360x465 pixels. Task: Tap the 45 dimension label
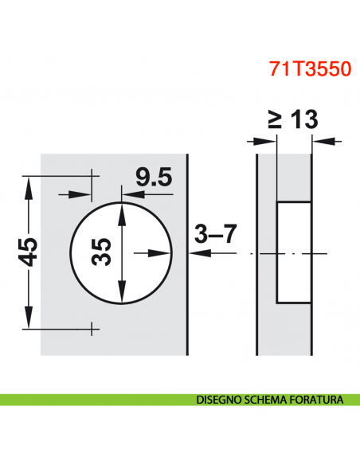28,253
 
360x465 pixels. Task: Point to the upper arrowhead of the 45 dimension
29,185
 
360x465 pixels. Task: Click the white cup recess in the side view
292,252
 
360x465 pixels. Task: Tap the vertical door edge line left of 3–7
186,253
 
